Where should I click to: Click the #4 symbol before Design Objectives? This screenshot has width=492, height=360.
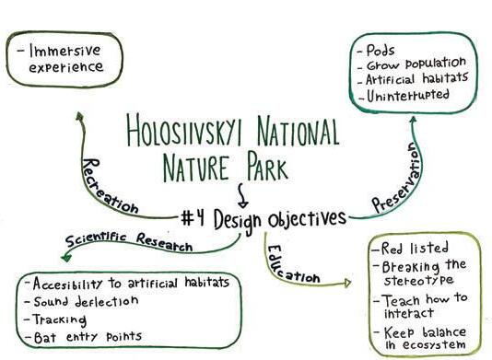[x=193, y=217]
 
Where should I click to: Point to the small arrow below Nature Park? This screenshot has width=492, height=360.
[x=242, y=196]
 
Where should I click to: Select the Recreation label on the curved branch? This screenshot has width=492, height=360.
[x=108, y=188]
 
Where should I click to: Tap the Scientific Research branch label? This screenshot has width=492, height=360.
[x=129, y=242]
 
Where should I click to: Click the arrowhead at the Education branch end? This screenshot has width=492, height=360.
[x=347, y=283]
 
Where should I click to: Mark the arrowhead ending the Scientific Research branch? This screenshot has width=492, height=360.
[x=66, y=258]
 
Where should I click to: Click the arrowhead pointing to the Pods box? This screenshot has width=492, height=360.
[x=414, y=119]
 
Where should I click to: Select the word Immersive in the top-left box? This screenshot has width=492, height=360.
[x=64, y=51]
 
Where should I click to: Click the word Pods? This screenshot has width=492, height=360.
[x=380, y=50]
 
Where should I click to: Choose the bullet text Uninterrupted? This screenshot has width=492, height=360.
[x=408, y=95]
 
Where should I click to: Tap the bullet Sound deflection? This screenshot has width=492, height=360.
[x=86, y=301]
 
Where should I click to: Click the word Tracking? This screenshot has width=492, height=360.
[x=60, y=319]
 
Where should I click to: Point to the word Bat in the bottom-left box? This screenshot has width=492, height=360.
[x=45, y=337]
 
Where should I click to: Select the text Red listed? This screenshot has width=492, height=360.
[x=415, y=248]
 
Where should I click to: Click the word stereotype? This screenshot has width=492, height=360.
[x=419, y=280]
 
